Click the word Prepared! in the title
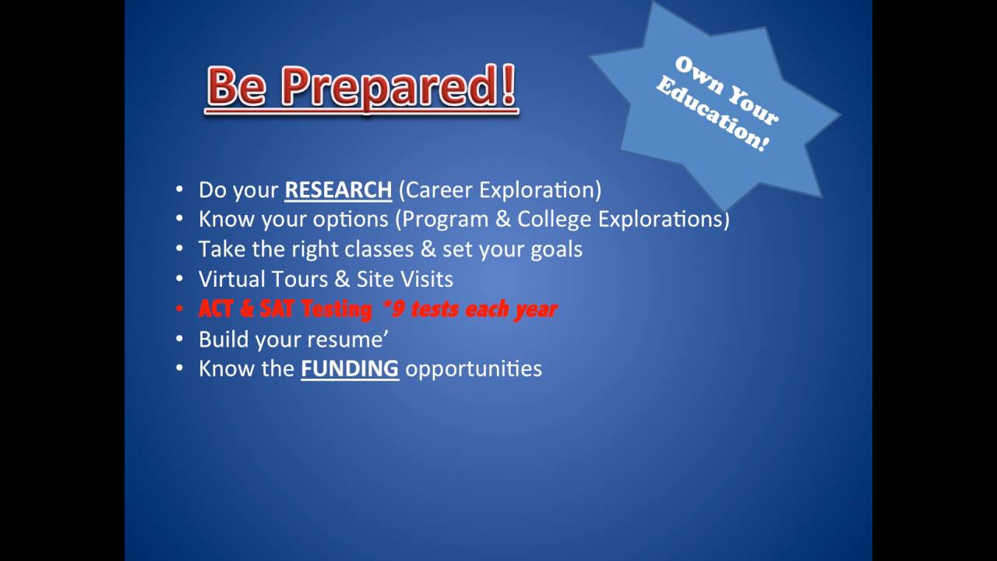click(398, 86)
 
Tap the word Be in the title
click(237, 85)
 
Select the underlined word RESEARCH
click(338, 190)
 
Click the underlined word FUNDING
click(350, 369)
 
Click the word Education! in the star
click(713, 115)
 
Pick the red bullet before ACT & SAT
click(179, 309)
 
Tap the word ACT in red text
click(216, 309)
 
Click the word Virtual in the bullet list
click(232, 279)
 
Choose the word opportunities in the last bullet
click(474, 369)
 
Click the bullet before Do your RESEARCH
click(179, 189)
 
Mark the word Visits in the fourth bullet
click(427, 279)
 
